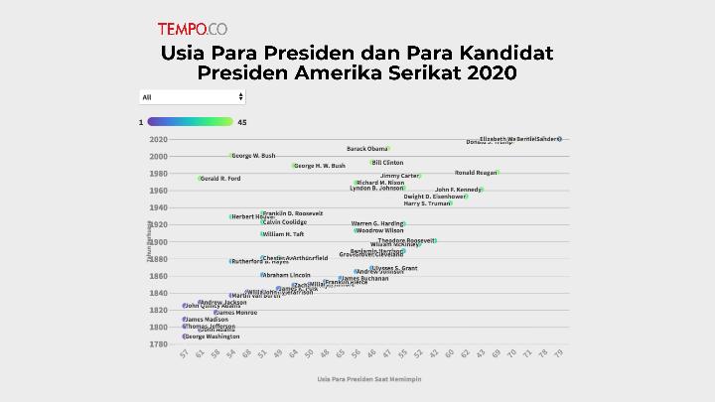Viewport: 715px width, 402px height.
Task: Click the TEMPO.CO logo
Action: pyautogui.click(x=193, y=29)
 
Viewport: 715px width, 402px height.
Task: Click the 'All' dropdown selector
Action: pyautogui.click(x=192, y=97)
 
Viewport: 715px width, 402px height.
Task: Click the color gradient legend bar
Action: pyautogui.click(x=190, y=122)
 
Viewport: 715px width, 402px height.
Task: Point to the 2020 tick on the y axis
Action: pyautogui.click(x=158, y=139)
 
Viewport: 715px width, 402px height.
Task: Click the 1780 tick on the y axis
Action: pyautogui.click(x=158, y=344)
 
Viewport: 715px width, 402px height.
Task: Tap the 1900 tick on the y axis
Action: pyautogui.click(x=158, y=242)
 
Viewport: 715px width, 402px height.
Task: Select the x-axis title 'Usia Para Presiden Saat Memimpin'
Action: pyautogui.click(x=364, y=379)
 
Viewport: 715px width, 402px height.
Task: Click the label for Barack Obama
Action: pyautogui.click(x=366, y=149)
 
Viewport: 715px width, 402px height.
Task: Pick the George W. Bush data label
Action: pyautogui.click(x=253, y=156)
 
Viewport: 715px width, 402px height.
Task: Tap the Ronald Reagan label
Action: pyautogui.click(x=475, y=173)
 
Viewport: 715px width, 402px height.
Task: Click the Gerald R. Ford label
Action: pyautogui.click(x=219, y=179)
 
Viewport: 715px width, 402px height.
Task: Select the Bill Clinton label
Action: pyautogui.click(x=388, y=163)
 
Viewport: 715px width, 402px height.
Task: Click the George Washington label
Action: pyautogui.click(x=213, y=336)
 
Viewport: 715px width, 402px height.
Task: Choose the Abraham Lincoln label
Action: pyautogui.click(x=287, y=275)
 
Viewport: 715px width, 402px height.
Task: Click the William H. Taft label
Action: pyautogui.click(x=283, y=234)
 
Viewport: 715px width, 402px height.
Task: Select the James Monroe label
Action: pyautogui.click(x=238, y=312)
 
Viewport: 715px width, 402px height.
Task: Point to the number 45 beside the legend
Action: pyautogui.click(x=242, y=122)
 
